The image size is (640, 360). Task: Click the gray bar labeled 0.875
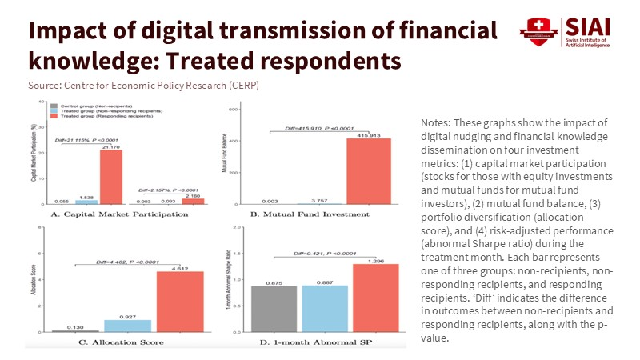click(x=274, y=308)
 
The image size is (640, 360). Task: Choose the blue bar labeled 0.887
click(x=325, y=308)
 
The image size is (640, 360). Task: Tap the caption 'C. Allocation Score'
click(x=119, y=342)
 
